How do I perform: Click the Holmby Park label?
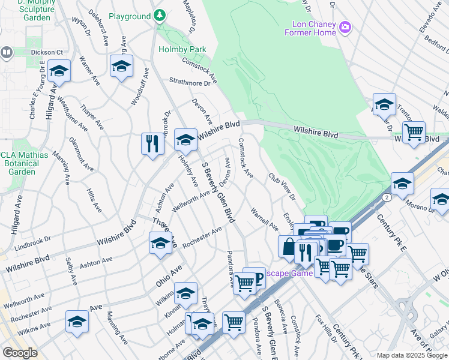coord(182,49)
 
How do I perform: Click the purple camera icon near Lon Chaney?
coord(345,26)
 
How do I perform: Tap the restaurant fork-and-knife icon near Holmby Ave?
coord(152,143)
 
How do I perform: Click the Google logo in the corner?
coord(20,353)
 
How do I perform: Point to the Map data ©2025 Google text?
coord(412,355)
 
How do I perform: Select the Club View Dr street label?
coord(282,187)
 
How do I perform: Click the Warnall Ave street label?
coord(264,220)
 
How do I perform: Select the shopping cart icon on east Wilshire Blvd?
coord(413,132)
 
